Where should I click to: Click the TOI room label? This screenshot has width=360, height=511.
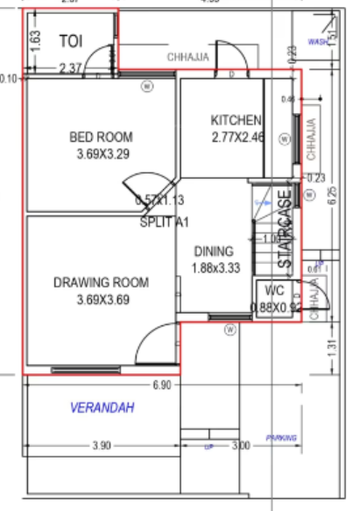pyautogui.click(x=70, y=41)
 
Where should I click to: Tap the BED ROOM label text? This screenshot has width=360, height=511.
pyautogui.click(x=102, y=137)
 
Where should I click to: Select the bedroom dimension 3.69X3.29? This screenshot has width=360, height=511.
pyautogui.click(x=102, y=153)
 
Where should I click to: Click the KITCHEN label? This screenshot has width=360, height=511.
pyautogui.click(x=236, y=120)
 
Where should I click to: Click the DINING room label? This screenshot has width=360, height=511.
pyautogui.click(x=215, y=250)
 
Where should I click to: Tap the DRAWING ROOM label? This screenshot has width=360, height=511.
pyautogui.click(x=101, y=282)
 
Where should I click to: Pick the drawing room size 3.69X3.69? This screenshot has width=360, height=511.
pyautogui.click(x=102, y=300)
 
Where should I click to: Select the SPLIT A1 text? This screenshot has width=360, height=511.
pyautogui.click(x=165, y=223)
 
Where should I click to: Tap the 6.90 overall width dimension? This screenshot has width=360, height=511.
pyautogui.click(x=162, y=385)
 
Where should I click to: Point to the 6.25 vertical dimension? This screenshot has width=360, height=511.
pyautogui.click(x=332, y=196)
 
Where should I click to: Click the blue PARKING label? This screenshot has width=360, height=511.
pyautogui.click(x=282, y=438)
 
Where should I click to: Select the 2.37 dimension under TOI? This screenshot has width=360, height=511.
pyautogui.click(x=70, y=67)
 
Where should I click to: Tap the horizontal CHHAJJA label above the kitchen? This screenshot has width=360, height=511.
pyautogui.click(x=188, y=57)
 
